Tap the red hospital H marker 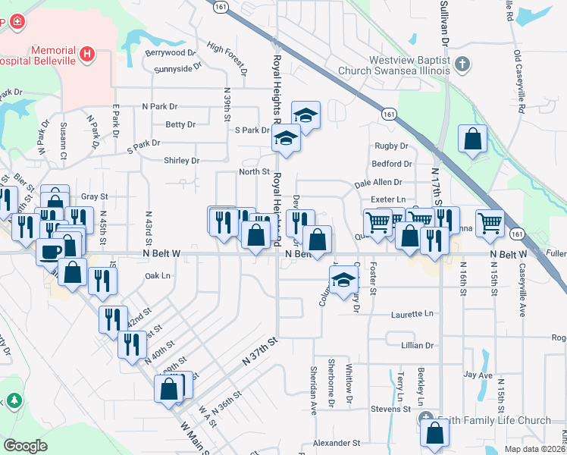click(x=88, y=54)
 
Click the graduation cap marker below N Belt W click(x=343, y=278)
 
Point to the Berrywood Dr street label click(x=171, y=53)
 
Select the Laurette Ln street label click(x=412, y=313)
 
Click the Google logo click(x=26, y=445)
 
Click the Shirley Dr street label click(x=181, y=161)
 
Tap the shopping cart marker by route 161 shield click(x=490, y=222)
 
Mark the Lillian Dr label click(x=417, y=345)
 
